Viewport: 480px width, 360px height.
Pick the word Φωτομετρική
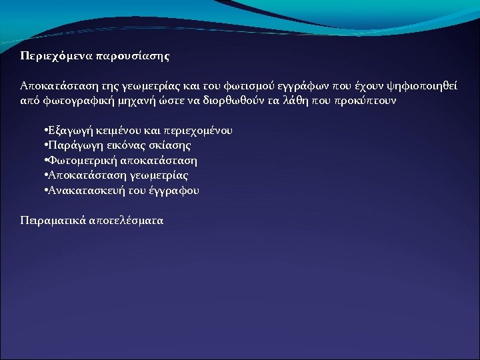coord(83,161)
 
